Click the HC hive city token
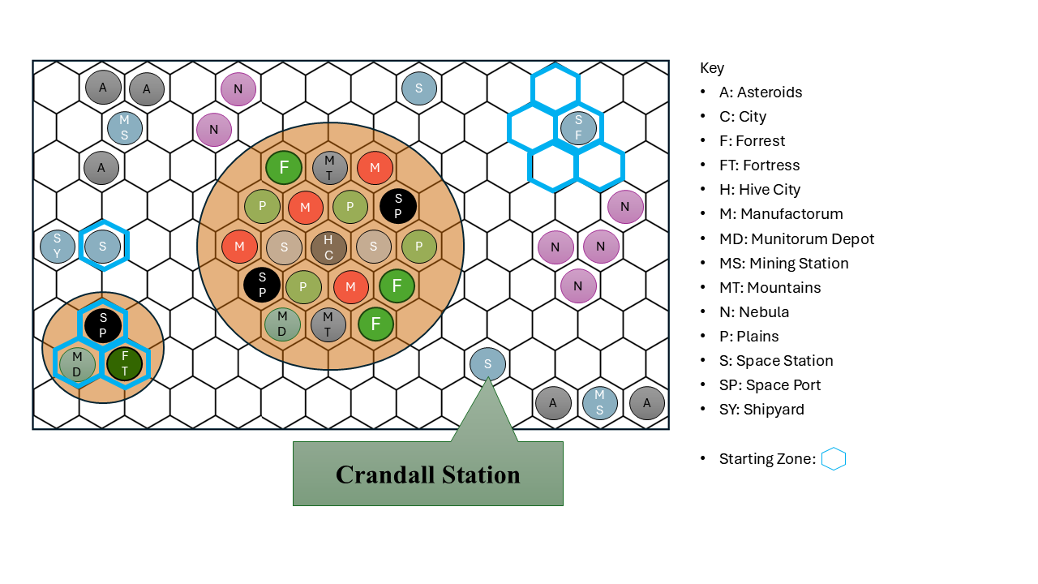[x=328, y=247]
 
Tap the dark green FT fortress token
[x=124, y=364]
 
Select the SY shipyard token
[x=58, y=247]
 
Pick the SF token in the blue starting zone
[x=578, y=127]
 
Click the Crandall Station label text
[x=427, y=474]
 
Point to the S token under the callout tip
[x=487, y=364]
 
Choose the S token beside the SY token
[x=103, y=246]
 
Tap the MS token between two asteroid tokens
[x=599, y=402]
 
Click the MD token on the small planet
[x=77, y=364]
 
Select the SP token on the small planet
[x=103, y=325]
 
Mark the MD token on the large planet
[x=282, y=324]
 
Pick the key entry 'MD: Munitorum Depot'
[x=796, y=238]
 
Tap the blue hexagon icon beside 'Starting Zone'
[x=833, y=459]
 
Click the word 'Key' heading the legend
[x=712, y=68]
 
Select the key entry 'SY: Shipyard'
[x=761, y=410]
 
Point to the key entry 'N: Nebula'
[x=754, y=312]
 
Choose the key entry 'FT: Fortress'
[x=760, y=165]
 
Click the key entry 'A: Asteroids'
[x=761, y=92]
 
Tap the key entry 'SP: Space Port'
[x=770, y=384]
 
